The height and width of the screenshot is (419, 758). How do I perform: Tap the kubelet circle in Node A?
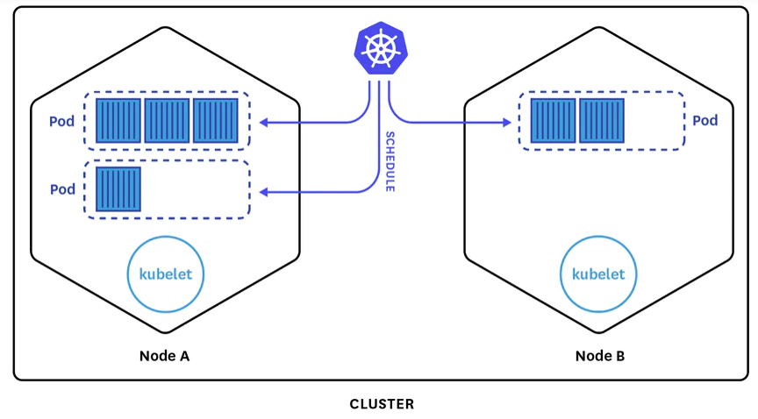point(166,273)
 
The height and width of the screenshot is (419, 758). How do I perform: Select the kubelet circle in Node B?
point(598,273)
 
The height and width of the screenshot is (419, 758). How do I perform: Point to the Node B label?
point(600,356)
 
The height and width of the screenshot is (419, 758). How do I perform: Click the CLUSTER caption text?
point(382,404)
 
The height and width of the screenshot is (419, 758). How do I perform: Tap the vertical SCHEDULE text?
point(390,161)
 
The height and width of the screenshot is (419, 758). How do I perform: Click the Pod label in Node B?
point(705,120)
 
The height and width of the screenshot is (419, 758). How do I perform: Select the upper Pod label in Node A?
point(62,120)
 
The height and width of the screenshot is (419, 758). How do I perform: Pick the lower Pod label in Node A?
point(62,189)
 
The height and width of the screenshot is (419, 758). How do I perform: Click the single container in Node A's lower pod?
point(118,189)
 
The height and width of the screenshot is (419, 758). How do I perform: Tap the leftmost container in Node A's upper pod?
point(118,120)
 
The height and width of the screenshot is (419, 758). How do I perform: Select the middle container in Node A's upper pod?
point(167,120)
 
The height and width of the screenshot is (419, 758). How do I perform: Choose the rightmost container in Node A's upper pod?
point(216,120)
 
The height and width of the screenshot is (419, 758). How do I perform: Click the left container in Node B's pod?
point(553,120)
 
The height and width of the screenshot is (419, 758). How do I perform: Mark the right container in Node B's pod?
point(602,120)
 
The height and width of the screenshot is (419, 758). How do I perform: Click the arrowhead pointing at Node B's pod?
point(506,123)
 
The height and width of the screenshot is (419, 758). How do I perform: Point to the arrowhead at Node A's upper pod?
point(264,123)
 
